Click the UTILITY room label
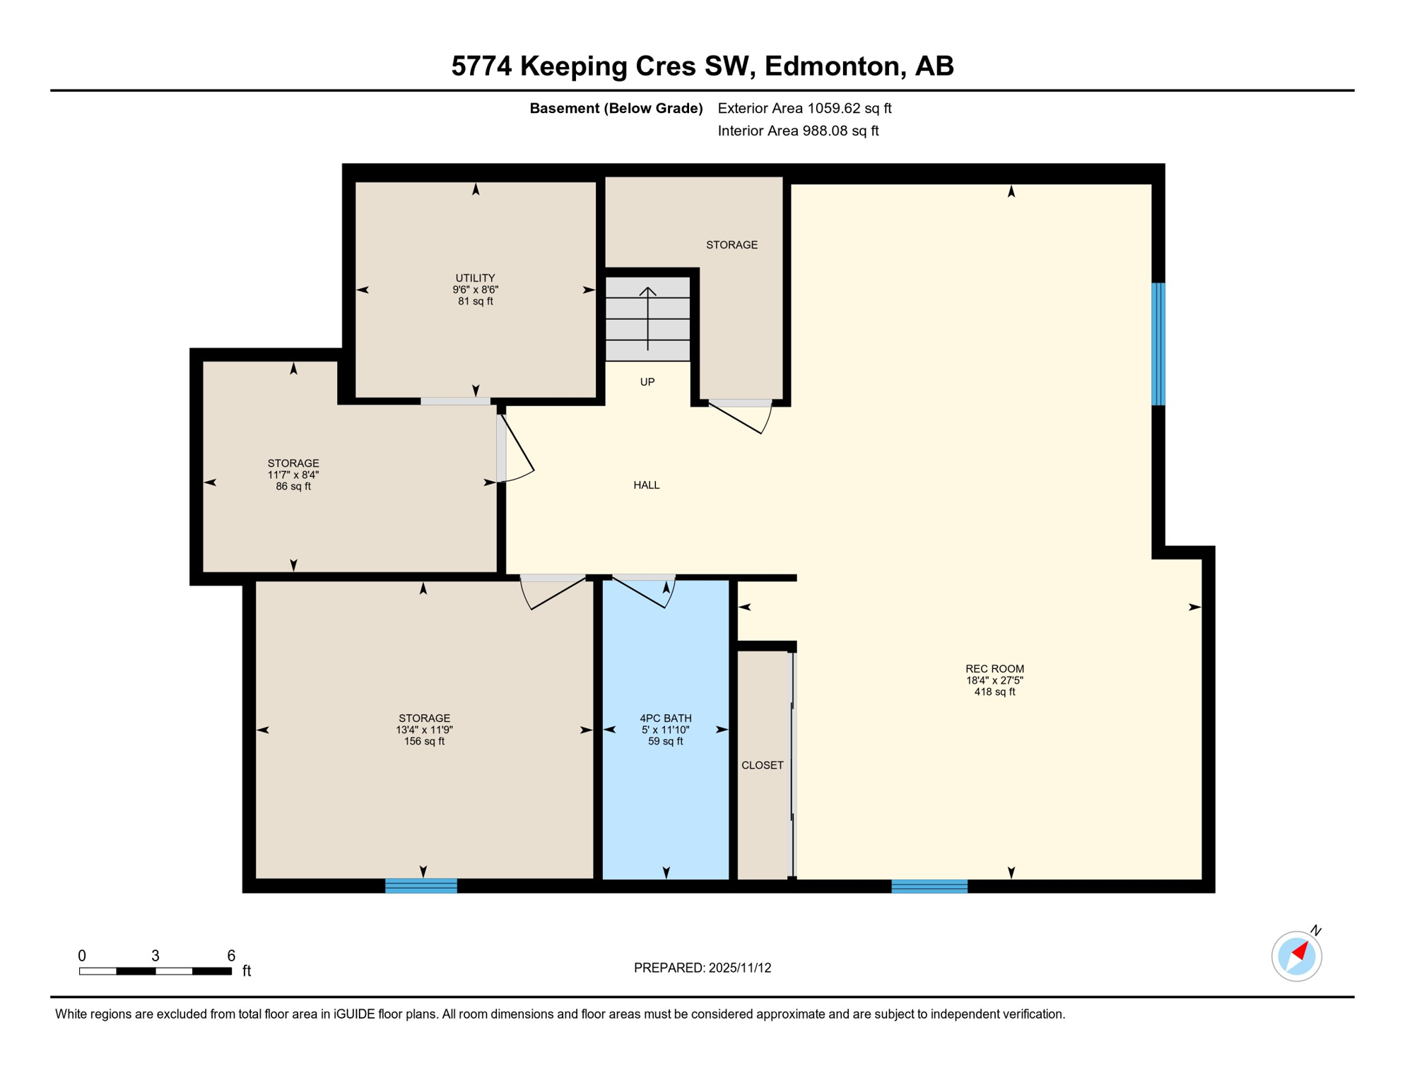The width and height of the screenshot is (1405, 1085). [x=475, y=278]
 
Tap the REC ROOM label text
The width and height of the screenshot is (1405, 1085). [x=994, y=669]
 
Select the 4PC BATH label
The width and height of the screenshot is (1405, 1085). [x=665, y=718]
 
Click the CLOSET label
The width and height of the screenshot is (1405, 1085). [x=762, y=765]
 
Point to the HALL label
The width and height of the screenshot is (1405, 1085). [x=646, y=485]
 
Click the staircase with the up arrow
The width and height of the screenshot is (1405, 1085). [x=647, y=319]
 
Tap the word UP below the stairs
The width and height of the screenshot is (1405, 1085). [x=647, y=382]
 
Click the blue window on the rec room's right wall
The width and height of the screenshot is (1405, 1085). [x=1158, y=344]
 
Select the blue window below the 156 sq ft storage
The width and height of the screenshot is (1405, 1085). [x=421, y=885]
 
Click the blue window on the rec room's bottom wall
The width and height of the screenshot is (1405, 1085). [x=929, y=886]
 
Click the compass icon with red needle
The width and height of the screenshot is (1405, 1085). [x=1296, y=956]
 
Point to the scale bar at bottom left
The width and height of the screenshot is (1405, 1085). [x=155, y=971]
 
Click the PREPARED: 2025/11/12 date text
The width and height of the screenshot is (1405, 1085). [x=702, y=968]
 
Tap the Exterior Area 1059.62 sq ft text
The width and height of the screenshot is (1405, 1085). [x=804, y=108]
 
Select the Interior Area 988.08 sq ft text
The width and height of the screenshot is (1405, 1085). [x=797, y=131]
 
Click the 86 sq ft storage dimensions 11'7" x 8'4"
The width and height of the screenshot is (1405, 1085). [x=293, y=475]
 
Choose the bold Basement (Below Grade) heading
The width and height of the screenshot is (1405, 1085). [x=616, y=108]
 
